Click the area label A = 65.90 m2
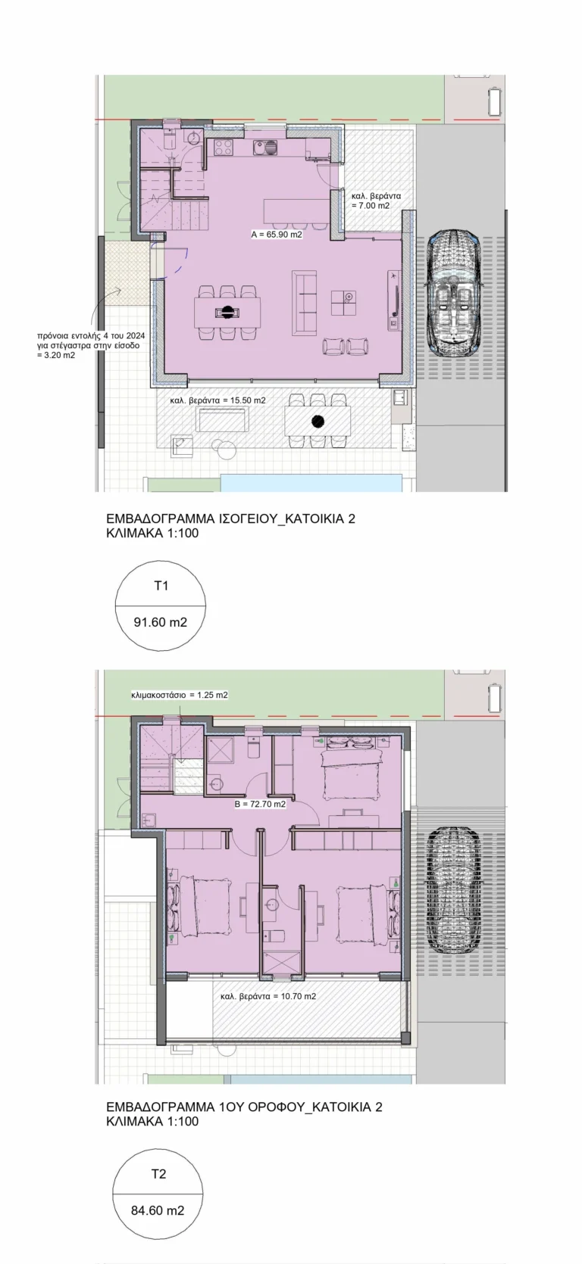277,234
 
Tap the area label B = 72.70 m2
261,804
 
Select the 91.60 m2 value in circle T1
161,622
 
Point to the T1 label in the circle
161,586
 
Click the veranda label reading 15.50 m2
218,400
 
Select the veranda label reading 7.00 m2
371,201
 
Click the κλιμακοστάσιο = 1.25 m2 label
179,695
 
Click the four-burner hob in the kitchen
224,148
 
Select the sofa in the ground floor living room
304,303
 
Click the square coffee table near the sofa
343,303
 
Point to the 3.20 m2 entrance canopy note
55,356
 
